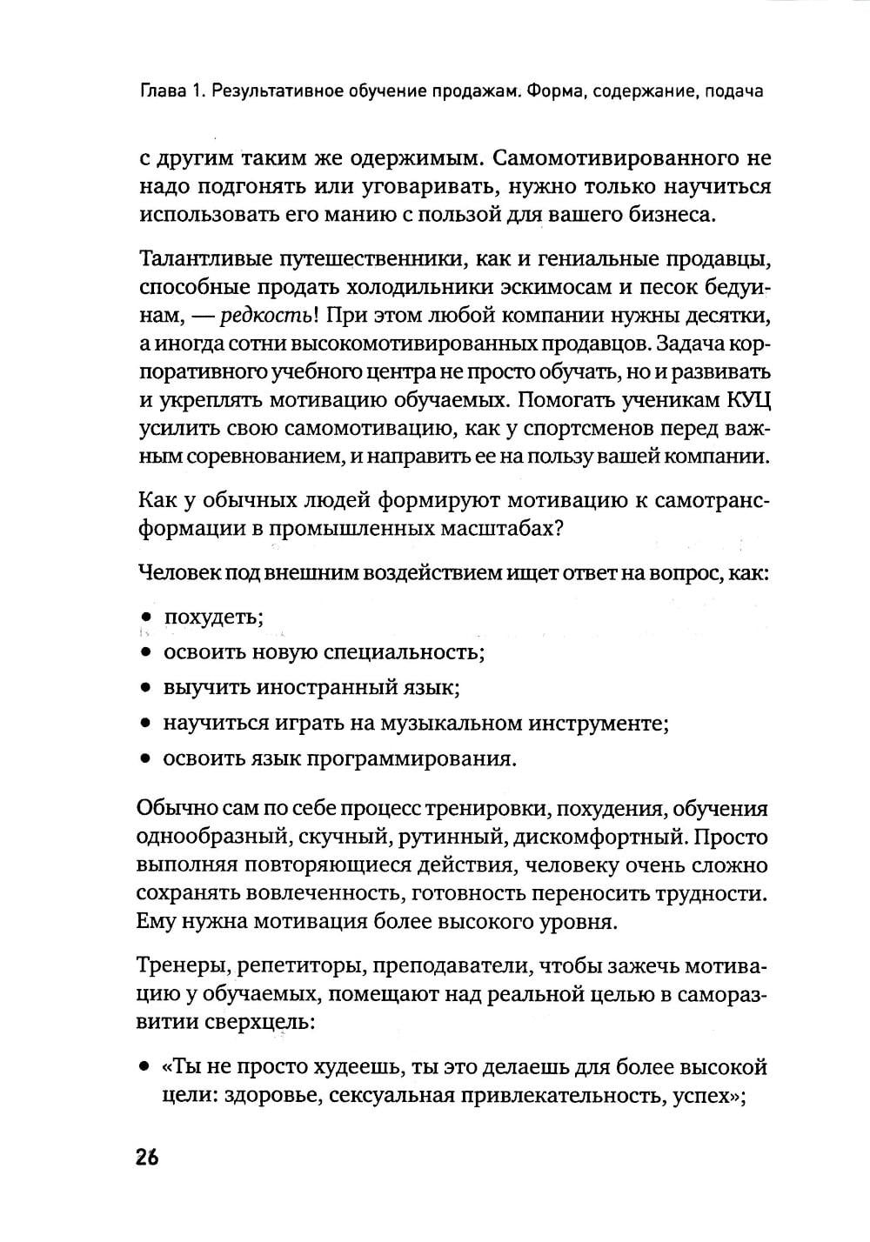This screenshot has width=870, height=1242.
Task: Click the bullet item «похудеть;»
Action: pos(214,618)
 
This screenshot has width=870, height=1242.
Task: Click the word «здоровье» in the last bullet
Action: pos(261,1095)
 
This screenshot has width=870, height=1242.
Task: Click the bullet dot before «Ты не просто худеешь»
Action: pos(144,1066)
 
